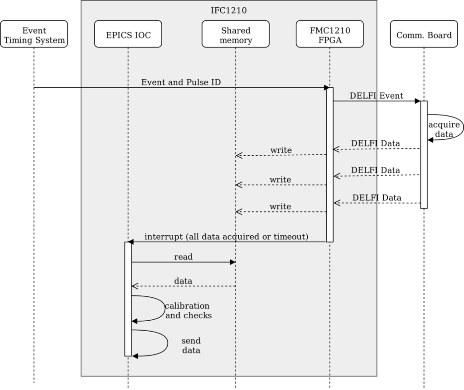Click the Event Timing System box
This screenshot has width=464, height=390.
click(34, 35)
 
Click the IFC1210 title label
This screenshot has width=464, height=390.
click(229, 10)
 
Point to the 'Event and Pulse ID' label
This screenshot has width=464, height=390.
click(181, 82)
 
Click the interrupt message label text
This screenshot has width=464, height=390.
click(226, 237)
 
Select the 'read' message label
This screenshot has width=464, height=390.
click(183, 257)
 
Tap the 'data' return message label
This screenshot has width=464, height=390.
click(183, 281)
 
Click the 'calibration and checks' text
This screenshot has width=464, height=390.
click(188, 311)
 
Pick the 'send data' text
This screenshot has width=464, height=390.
click(191, 346)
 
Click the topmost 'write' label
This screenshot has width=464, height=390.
click(280, 150)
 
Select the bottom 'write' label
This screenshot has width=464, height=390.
click(280, 207)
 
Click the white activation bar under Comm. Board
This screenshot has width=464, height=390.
click(424, 155)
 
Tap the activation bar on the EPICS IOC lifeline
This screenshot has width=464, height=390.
click(128, 299)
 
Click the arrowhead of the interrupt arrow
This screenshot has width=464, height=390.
click(131, 242)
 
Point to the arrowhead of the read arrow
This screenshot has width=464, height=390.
click(232, 262)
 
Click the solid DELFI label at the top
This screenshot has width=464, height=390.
click(363, 96)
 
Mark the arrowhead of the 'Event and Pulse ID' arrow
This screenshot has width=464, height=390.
click(327, 87)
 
